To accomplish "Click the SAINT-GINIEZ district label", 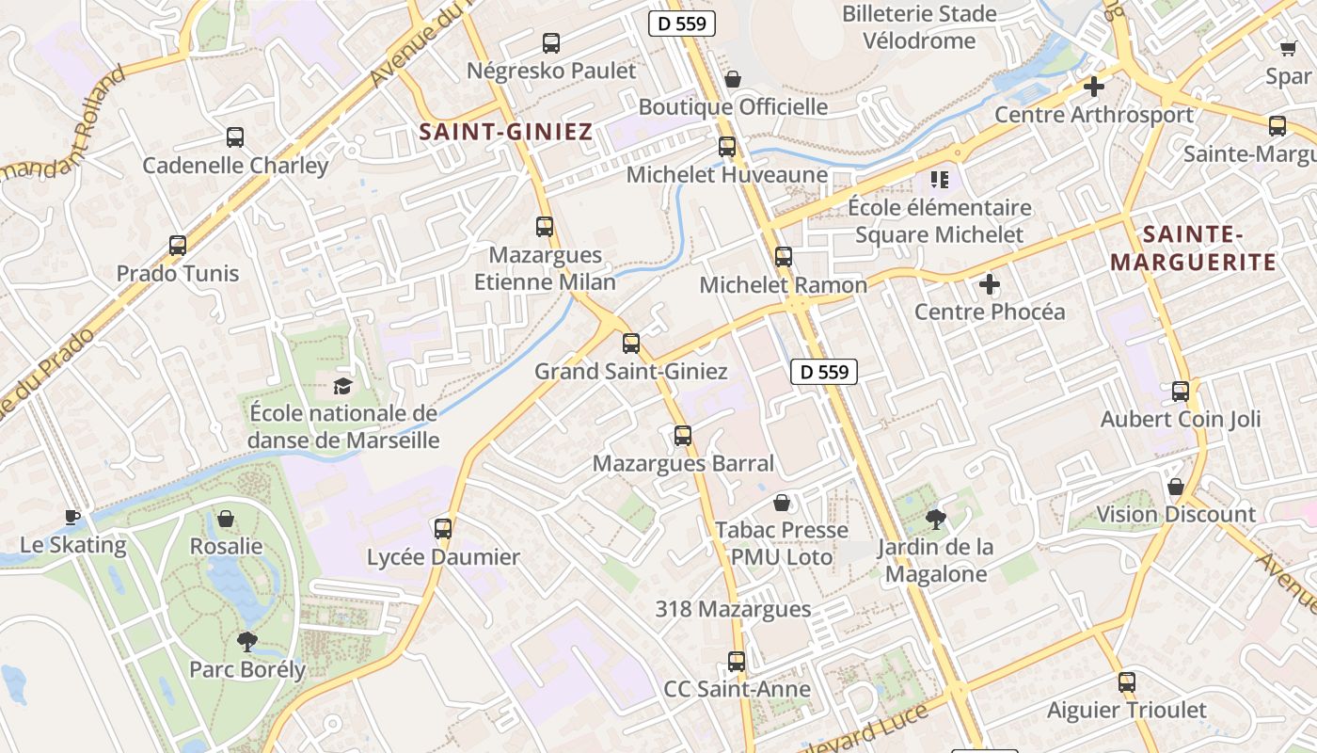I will [x=506, y=131].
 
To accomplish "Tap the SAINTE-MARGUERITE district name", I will [x=1194, y=248].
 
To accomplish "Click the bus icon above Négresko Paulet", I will [x=551, y=42].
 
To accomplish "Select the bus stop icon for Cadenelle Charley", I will [x=235, y=137].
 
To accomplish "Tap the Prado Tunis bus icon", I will [x=178, y=246].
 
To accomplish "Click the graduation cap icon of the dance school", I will [x=342, y=385].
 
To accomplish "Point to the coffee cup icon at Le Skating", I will [x=72, y=516].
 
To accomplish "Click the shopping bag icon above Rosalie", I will [x=226, y=519].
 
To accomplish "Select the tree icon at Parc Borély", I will [x=247, y=642].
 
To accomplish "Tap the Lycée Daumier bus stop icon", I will [x=443, y=528].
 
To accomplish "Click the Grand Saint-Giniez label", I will [x=630, y=371].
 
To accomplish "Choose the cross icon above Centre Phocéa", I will [x=990, y=283].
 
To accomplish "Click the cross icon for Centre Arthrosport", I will [x=1093, y=87].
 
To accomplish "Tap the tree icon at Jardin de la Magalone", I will [x=936, y=519].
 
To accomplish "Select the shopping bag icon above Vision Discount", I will [x=1176, y=487].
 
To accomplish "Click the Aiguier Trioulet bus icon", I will [x=1127, y=682].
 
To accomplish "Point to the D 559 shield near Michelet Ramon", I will [x=824, y=372].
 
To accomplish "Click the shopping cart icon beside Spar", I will [x=1288, y=48].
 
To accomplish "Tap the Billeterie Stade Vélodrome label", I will [x=919, y=27].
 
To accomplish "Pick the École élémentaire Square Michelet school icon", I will [x=939, y=179].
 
